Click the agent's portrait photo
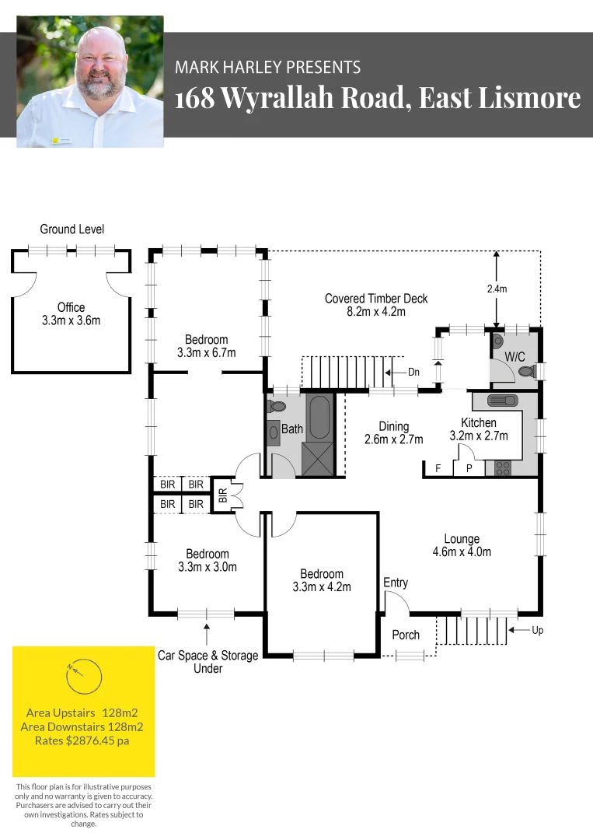[90, 81]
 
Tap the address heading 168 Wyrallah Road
[378, 99]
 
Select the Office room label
[71, 313]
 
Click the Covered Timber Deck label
[376, 305]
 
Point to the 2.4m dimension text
[497, 289]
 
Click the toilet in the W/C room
[527, 372]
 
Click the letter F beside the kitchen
[438, 468]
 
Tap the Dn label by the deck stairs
[413, 372]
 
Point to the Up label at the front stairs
[537, 631]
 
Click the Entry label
[396, 583]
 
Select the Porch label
[405, 635]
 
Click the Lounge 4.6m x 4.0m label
[462, 545]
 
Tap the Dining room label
[393, 432]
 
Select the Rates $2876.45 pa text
[82, 740]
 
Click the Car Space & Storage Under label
[208, 661]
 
